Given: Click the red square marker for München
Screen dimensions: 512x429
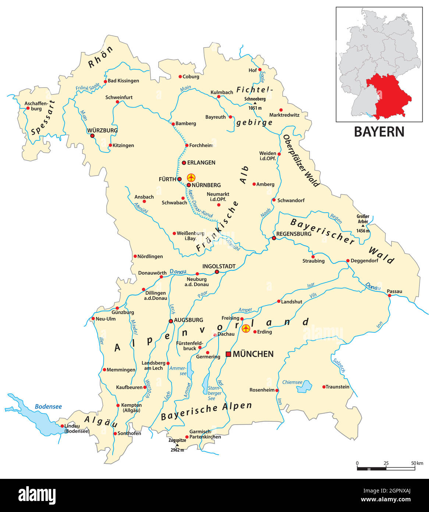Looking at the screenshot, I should (228, 354).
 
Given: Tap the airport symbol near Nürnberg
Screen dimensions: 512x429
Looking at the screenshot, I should (191, 178).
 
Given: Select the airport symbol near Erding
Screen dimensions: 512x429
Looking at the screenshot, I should (246, 328).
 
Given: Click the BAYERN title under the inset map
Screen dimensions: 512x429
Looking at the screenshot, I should (379, 132).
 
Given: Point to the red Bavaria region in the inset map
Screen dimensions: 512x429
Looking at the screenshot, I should (390, 96).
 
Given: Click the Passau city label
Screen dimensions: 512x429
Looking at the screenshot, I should (394, 291).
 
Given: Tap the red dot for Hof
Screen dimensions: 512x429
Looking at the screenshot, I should (260, 69).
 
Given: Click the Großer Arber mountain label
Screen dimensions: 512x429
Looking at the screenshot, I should (363, 219).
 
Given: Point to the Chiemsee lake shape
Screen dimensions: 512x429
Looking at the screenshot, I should (305, 386).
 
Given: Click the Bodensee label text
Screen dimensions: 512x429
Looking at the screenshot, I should (48, 407).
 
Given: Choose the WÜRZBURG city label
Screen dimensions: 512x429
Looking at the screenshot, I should (102, 130).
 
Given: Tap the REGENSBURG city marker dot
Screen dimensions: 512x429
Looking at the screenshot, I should (274, 238).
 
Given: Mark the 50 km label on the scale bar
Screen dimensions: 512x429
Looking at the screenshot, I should (417, 463).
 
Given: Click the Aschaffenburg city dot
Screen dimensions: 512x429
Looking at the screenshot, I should (28, 108).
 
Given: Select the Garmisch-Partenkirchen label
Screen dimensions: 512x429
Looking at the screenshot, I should (205, 434).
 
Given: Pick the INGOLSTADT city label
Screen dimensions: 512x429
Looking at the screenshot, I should (219, 266).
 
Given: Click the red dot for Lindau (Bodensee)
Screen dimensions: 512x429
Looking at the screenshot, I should (62, 426).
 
